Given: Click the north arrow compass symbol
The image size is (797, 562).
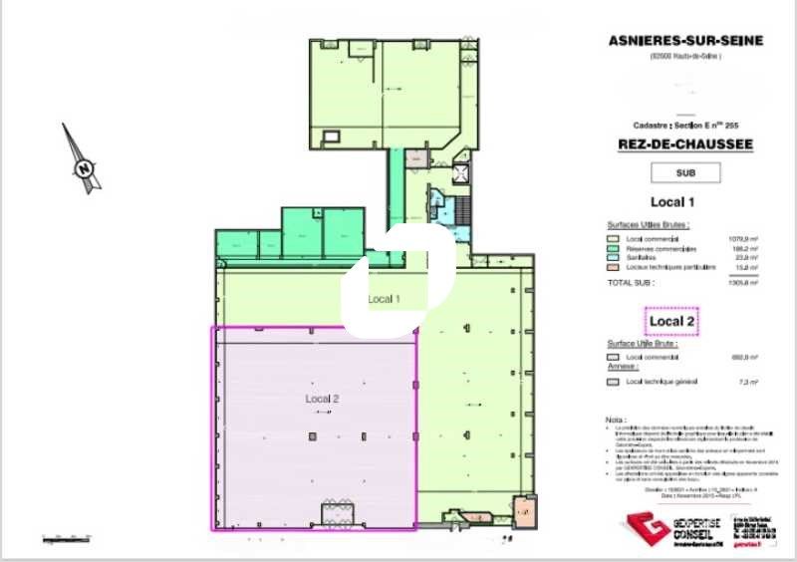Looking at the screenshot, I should pyautogui.click(x=81, y=159).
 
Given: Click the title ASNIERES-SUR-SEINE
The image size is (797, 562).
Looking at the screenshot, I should pyautogui.click(x=684, y=40).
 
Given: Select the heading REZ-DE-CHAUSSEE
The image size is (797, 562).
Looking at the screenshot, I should pyautogui.click(x=684, y=144).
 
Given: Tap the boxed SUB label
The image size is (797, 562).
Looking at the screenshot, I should pyautogui.click(x=684, y=172).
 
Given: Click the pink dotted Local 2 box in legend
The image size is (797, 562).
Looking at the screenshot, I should pyautogui.click(x=671, y=321).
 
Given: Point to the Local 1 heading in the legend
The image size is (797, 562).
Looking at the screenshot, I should pyautogui.click(x=671, y=203).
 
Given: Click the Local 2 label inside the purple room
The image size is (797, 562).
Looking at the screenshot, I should pyautogui.click(x=323, y=399).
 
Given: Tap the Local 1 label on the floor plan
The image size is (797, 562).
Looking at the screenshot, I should pyautogui.click(x=384, y=299).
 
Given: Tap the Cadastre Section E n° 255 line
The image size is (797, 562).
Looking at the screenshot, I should pyautogui.click(x=684, y=125).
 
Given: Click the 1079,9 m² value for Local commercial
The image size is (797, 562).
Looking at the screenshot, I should pyautogui.click(x=742, y=239).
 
